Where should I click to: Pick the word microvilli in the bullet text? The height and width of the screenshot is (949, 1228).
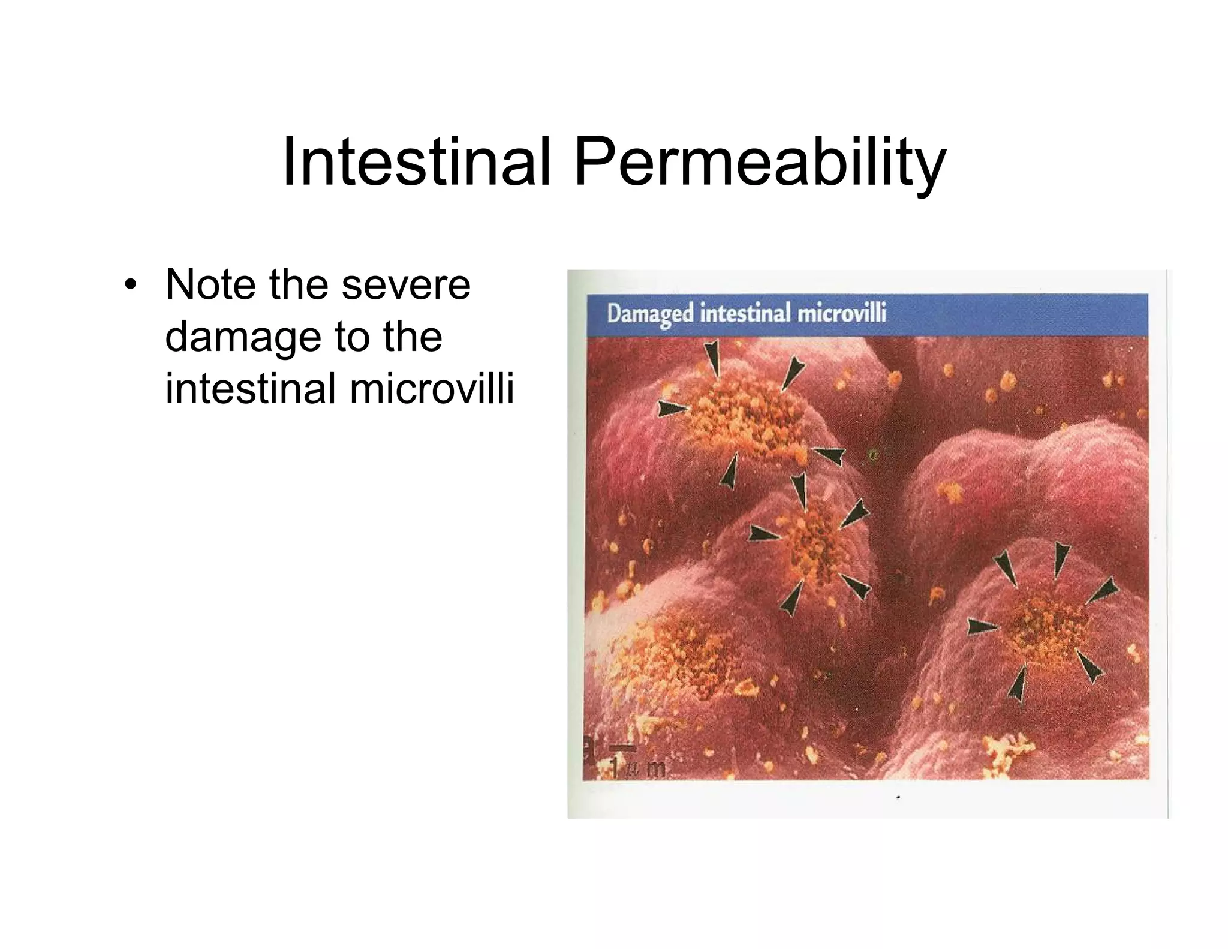click(x=432, y=389)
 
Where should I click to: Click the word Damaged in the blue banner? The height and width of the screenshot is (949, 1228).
click(x=650, y=314)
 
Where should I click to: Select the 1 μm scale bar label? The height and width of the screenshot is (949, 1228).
click(x=638, y=768)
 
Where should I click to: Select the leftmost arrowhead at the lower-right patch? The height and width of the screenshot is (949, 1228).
click(x=981, y=627)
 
